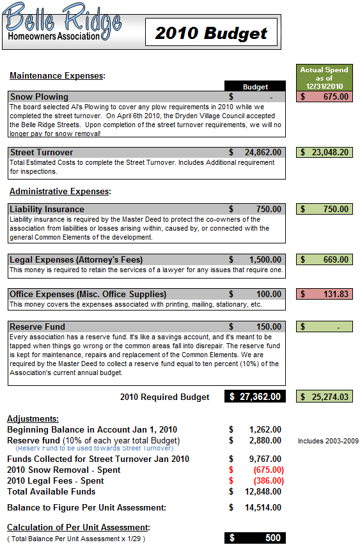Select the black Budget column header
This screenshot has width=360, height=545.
click(x=255, y=87)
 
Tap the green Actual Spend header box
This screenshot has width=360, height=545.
click(x=324, y=77)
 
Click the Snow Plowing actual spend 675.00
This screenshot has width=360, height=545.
click(x=324, y=96)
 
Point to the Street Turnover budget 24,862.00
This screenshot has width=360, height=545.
click(x=256, y=152)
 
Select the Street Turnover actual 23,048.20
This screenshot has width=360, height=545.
click(x=324, y=152)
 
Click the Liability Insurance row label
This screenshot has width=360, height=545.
click(x=47, y=209)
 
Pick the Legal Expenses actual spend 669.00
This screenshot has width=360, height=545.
click(x=324, y=259)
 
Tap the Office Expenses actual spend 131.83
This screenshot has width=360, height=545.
click(x=324, y=294)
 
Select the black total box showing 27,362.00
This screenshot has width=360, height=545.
click(x=255, y=397)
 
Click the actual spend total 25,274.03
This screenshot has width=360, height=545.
click(x=324, y=397)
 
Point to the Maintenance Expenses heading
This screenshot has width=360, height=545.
click(x=57, y=76)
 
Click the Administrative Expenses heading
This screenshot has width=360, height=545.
click(x=60, y=191)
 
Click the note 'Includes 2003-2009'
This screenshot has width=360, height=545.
click(x=328, y=441)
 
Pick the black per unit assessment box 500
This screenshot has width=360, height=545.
click(x=255, y=538)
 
